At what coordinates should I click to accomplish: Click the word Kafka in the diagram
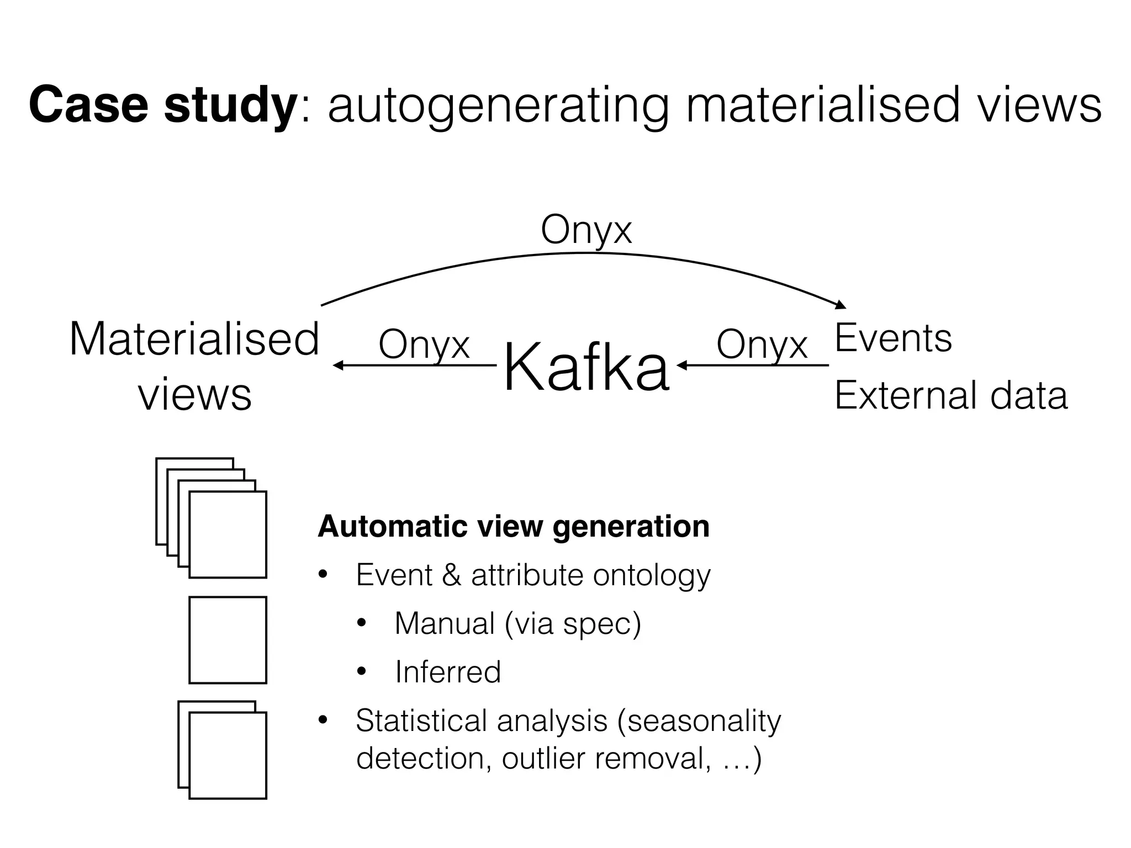[586, 367]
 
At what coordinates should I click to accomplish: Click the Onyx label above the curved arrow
[586, 230]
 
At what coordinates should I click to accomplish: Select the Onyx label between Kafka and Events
[762, 344]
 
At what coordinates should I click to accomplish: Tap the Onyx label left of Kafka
[424, 344]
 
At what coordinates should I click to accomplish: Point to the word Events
[893, 338]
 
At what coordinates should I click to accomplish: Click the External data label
[950, 395]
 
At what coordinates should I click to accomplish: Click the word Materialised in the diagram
[194, 339]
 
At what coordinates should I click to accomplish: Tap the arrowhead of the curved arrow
[841, 304]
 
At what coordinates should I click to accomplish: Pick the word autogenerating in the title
[498, 106]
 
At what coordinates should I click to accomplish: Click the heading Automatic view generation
[514, 526]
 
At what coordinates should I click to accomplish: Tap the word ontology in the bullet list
[652, 576]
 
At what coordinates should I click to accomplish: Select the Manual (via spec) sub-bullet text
[517, 624]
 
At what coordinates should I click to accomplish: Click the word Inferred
[448, 672]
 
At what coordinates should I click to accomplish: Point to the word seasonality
[704, 720]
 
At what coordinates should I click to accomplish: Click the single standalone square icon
[228, 640]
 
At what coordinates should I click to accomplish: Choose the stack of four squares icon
[212, 518]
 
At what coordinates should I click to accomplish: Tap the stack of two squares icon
[223, 750]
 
